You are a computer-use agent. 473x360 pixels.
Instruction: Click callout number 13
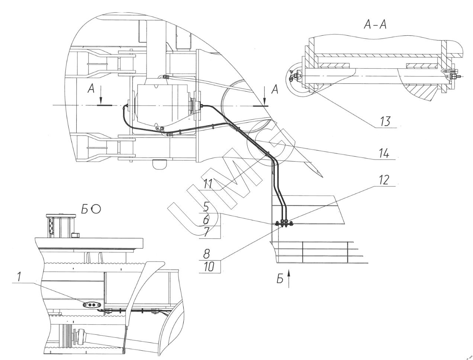click(x=385, y=121)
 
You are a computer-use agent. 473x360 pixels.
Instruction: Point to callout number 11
click(x=208, y=183)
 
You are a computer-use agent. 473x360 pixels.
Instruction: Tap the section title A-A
click(x=375, y=25)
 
